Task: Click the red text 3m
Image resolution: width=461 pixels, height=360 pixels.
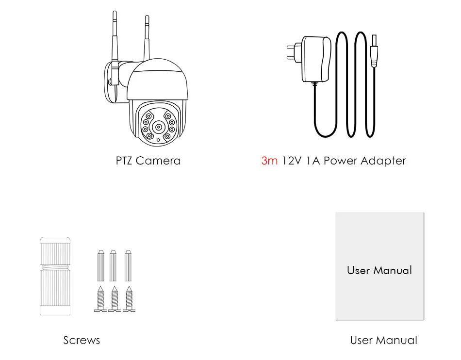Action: click(x=269, y=161)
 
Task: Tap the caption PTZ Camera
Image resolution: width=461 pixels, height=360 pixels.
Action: click(x=148, y=161)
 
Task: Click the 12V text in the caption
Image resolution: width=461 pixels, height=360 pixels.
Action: click(x=292, y=161)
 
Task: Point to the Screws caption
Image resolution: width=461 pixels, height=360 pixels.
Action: click(x=82, y=340)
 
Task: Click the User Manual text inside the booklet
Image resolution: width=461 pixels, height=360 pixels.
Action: click(x=379, y=270)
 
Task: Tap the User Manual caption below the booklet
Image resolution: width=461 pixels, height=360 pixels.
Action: click(x=383, y=340)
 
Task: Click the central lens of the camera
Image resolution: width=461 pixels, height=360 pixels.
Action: click(x=158, y=127)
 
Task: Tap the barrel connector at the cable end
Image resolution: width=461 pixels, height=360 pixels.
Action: click(x=374, y=51)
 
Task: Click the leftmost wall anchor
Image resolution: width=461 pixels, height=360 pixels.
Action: click(x=100, y=266)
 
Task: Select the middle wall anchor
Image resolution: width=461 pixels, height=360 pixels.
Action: click(x=114, y=266)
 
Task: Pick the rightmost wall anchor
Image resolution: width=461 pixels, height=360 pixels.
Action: click(x=128, y=266)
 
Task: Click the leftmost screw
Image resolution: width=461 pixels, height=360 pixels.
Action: click(x=100, y=299)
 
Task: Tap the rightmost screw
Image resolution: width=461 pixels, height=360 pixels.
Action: click(x=128, y=299)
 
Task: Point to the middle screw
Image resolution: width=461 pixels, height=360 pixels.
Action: click(x=114, y=299)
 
